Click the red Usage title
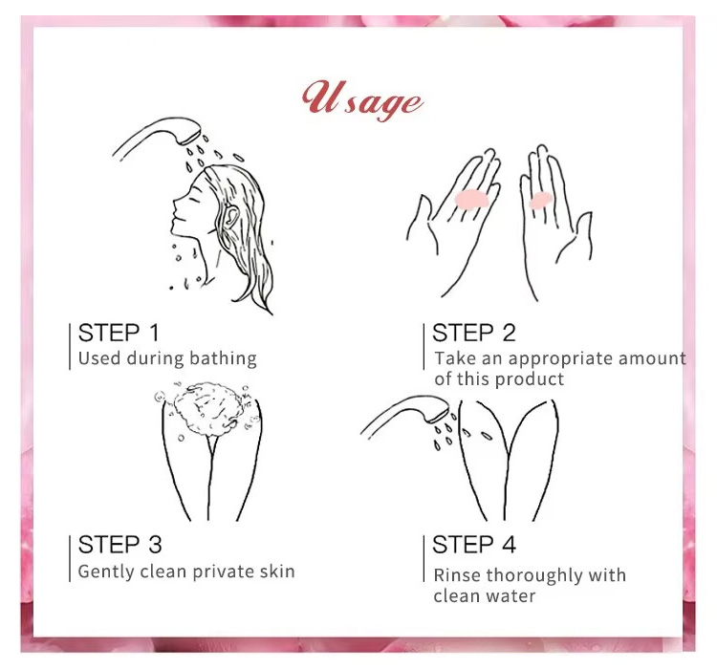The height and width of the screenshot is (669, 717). click(362, 100)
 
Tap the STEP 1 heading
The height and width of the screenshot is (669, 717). click(119, 333)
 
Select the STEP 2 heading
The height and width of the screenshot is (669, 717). click(474, 333)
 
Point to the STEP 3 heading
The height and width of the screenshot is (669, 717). click(119, 545)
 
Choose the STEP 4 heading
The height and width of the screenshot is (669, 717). click(474, 545)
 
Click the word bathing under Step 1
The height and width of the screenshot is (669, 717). click(223, 359)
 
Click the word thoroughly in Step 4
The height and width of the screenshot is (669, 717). click(534, 576)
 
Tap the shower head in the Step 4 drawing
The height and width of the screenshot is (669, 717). click(406, 415)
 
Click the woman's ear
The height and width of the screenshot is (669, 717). click(231, 216)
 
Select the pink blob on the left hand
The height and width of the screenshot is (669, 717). click(472, 199)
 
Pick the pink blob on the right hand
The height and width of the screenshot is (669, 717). click(540, 201)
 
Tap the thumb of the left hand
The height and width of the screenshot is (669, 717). click(421, 220)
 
